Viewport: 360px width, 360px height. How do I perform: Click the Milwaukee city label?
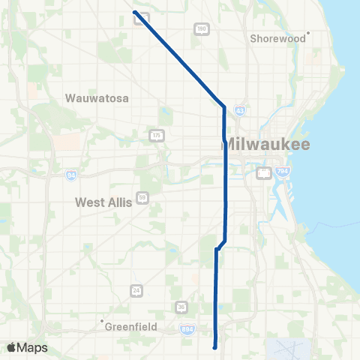coord(267,144)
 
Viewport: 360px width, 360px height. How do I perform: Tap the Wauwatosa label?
coord(98,98)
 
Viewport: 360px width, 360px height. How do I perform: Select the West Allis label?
coord(103,202)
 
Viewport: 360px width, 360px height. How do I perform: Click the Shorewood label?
coord(278,37)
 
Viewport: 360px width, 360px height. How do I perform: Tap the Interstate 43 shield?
coord(238,110)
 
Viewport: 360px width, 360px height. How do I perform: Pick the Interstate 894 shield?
coord(187,328)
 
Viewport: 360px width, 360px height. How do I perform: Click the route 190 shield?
coord(201,28)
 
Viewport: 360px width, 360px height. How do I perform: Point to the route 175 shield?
coord(156,135)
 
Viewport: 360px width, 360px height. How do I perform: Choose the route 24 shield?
coord(136,289)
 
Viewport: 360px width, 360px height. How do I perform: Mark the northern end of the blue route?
coord(134,12)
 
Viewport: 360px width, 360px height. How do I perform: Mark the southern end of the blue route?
coord(215,347)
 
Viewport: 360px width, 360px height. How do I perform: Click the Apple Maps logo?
coord(27,347)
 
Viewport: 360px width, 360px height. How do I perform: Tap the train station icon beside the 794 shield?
coord(263,174)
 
